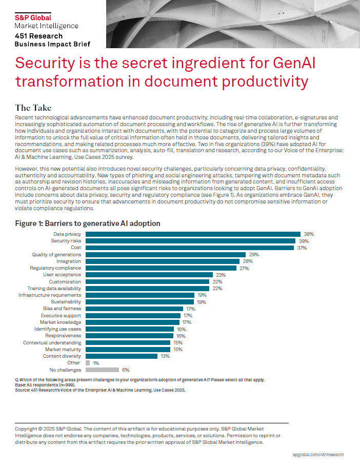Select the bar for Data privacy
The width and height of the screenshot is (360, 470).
pyautogui.click(x=193, y=234)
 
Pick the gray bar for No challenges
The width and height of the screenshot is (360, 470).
pyautogui.click(x=102, y=370)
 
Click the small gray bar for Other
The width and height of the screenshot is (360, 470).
pyautogui.click(x=88, y=362)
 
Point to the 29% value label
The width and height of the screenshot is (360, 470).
pyautogui.click(x=254, y=254)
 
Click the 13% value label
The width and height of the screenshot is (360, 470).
pyautogui.click(x=165, y=356)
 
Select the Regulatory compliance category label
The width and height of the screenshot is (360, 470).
pyautogui.click(x=55, y=268)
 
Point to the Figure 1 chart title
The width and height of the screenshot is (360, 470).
pyautogui.click(x=88, y=223)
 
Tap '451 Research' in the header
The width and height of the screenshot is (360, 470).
pyautogui.click(x=38, y=36)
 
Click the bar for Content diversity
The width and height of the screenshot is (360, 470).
pyautogui.click(x=122, y=356)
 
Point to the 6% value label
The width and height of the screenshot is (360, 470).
pyautogui.click(x=126, y=370)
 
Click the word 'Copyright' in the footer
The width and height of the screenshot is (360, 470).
pyautogui.click(x=27, y=428)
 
